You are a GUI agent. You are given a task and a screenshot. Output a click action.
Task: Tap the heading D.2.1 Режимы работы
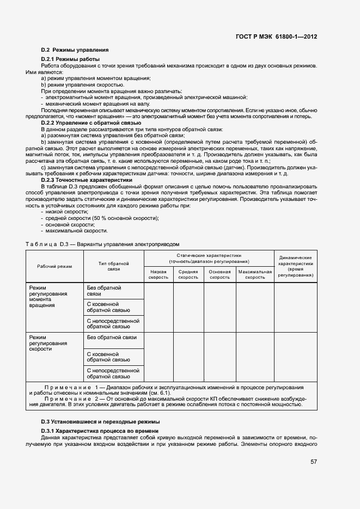coord(70,59)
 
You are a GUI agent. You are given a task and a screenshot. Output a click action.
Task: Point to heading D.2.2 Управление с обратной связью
coord(88,123)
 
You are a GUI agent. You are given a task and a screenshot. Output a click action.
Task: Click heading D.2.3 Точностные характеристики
coord(87,180)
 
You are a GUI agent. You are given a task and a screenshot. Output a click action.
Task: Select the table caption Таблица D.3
coord(102,244)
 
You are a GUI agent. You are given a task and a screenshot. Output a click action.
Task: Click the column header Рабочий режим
coord(54,266)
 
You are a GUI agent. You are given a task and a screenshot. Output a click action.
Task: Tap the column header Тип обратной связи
coord(113,266)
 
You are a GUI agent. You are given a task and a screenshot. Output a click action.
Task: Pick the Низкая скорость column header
coord(158,274)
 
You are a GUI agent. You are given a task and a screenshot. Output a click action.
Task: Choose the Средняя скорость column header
coord(188,274)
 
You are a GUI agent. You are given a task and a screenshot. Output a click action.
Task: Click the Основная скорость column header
coord(220,274)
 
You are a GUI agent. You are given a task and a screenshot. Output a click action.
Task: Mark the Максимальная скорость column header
coord(255,274)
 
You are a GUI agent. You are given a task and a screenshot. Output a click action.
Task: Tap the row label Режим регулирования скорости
coord(48,343)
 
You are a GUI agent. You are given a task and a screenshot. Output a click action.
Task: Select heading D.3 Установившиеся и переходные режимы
coord(100,422)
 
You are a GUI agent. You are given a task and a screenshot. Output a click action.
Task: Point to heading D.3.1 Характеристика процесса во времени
coord(100,431)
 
